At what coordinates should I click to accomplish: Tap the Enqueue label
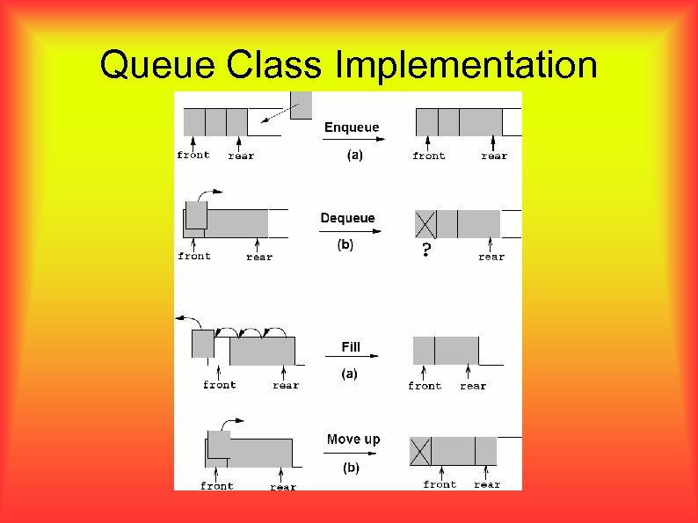pos(352,127)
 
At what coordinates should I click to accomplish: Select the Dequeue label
pos(347,218)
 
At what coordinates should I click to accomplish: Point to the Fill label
pos(351,347)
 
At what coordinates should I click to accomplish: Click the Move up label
pos(353,439)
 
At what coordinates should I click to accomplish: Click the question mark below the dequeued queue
pos(426,251)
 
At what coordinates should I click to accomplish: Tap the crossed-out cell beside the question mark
pos(425,224)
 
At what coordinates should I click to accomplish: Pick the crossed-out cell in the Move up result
pos(420,452)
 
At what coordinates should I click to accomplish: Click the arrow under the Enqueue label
pos(352,141)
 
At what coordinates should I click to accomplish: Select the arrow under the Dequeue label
pos(352,231)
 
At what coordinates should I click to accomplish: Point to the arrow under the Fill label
pos(352,357)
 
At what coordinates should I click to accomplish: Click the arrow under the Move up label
pos(352,454)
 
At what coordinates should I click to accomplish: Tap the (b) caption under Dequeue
pos(345,245)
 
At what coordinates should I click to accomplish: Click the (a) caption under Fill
pos(349,374)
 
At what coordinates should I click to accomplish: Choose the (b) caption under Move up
pos(351,468)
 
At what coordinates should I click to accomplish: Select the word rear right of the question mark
pos(491,257)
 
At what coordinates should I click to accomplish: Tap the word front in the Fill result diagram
pos(425,386)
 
